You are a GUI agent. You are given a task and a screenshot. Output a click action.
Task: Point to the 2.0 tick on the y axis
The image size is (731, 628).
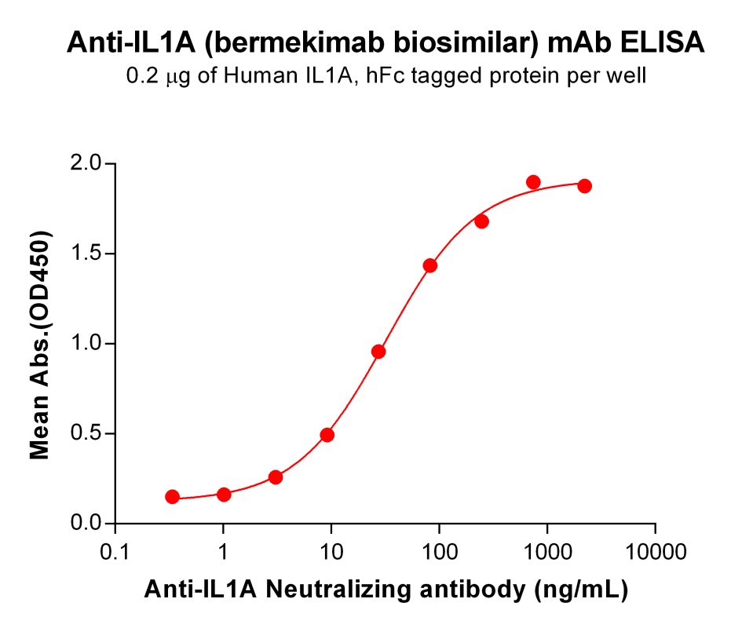[86, 164]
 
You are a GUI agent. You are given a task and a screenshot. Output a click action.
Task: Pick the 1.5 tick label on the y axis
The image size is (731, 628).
[86, 254]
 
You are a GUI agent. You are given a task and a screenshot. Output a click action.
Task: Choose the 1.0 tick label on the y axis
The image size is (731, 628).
[86, 344]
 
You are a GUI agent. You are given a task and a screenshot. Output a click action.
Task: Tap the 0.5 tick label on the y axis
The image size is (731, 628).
[86, 433]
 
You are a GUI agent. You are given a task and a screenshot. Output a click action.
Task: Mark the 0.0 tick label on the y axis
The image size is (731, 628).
[86, 523]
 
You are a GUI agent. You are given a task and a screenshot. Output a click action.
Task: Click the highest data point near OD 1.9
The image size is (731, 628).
[533, 182]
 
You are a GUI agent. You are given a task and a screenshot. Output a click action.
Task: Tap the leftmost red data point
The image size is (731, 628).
[172, 497]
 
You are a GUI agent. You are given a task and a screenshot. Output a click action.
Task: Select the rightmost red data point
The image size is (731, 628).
[584, 186]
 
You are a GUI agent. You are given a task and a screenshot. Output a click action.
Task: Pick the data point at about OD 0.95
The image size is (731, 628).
[378, 352]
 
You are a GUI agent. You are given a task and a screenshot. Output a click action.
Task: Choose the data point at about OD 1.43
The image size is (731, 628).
[429, 265]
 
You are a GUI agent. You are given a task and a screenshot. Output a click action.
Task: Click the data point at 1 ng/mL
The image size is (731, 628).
[224, 495]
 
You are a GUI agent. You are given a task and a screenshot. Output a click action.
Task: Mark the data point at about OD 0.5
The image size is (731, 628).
[327, 435]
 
